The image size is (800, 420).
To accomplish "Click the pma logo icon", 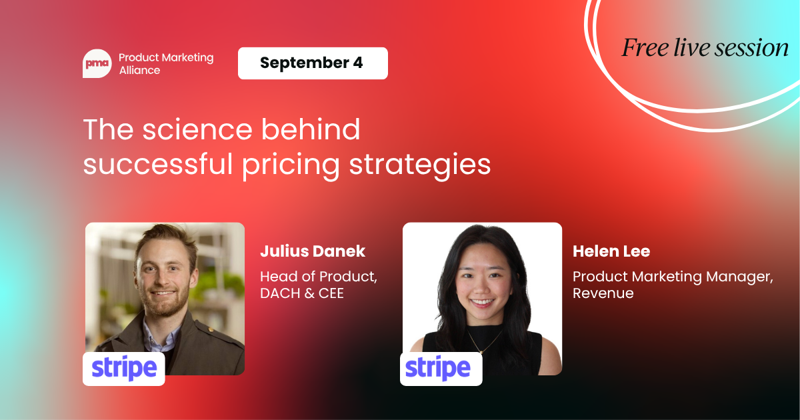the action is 97,63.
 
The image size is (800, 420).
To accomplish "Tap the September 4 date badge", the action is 313,63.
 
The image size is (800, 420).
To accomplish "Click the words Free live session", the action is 705,48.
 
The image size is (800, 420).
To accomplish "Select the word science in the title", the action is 197,129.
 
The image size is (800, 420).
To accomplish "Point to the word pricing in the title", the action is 291,165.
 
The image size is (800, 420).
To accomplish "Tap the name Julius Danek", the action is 313,251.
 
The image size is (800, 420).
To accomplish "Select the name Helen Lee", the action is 611,251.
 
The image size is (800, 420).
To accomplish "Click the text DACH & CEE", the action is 302,293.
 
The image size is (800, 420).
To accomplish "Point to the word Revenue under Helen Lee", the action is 603,293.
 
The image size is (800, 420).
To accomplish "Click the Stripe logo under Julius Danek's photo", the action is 124,369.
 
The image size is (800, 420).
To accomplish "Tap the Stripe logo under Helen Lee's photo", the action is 441,369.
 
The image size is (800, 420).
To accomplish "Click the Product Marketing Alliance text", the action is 166,64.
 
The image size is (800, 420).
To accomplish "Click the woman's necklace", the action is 484,341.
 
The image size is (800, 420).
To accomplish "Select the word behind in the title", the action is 311,129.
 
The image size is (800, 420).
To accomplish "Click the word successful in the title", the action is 158,164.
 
